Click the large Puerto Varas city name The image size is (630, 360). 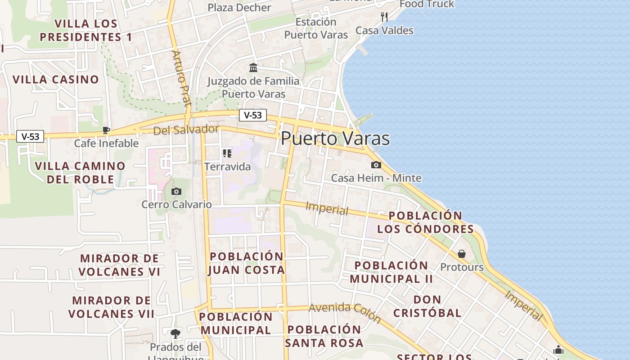(335, 138)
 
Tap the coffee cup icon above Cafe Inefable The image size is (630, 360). (106, 130)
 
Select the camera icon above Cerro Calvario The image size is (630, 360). (176, 192)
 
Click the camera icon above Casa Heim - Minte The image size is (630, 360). (376, 165)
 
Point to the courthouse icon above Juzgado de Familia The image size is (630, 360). (253, 68)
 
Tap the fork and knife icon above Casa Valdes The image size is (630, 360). (384, 17)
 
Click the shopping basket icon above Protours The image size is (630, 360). (462, 254)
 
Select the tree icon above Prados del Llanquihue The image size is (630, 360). (175, 333)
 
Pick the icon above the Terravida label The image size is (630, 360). (227, 153)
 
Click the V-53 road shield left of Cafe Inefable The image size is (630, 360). (30, 136)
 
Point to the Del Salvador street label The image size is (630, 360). (186, 130)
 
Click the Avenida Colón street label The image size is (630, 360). (345, 312)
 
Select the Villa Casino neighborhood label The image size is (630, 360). (56, 80)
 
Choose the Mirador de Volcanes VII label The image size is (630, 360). (112, 307)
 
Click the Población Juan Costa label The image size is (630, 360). (247, 263)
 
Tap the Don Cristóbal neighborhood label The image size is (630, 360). (427, 306)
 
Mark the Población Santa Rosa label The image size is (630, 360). (324, 336)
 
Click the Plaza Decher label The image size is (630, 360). (239, 8)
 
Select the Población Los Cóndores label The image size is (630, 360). (426, 222)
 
